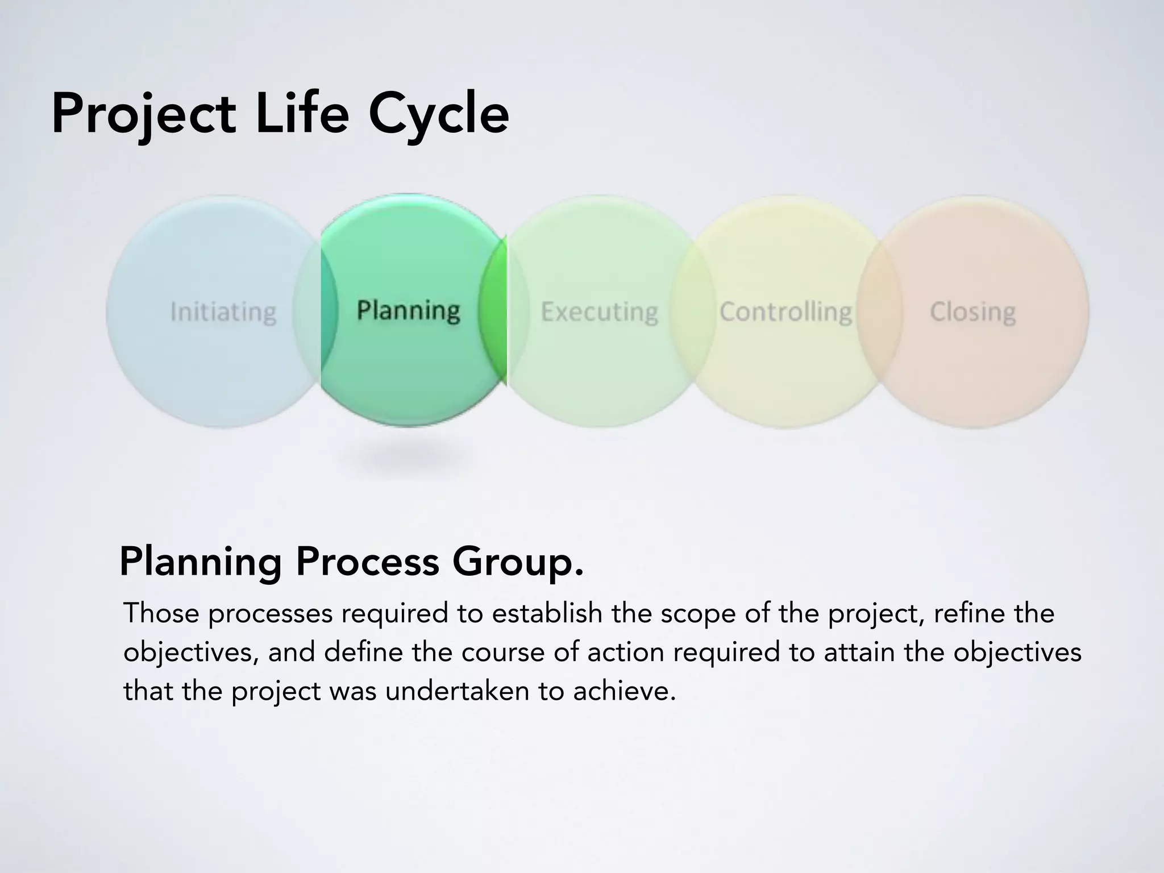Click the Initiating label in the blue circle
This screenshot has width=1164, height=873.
coord(223,312)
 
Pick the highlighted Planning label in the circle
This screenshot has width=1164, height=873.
coord(408,310)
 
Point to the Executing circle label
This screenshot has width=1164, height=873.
coord(600,312)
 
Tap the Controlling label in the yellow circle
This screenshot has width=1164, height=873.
coord(786,311)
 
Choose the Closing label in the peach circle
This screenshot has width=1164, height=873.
coord(972,312)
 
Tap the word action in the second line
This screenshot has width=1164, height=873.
coord(626,652)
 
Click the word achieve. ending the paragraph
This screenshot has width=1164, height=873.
coord(625,691)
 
